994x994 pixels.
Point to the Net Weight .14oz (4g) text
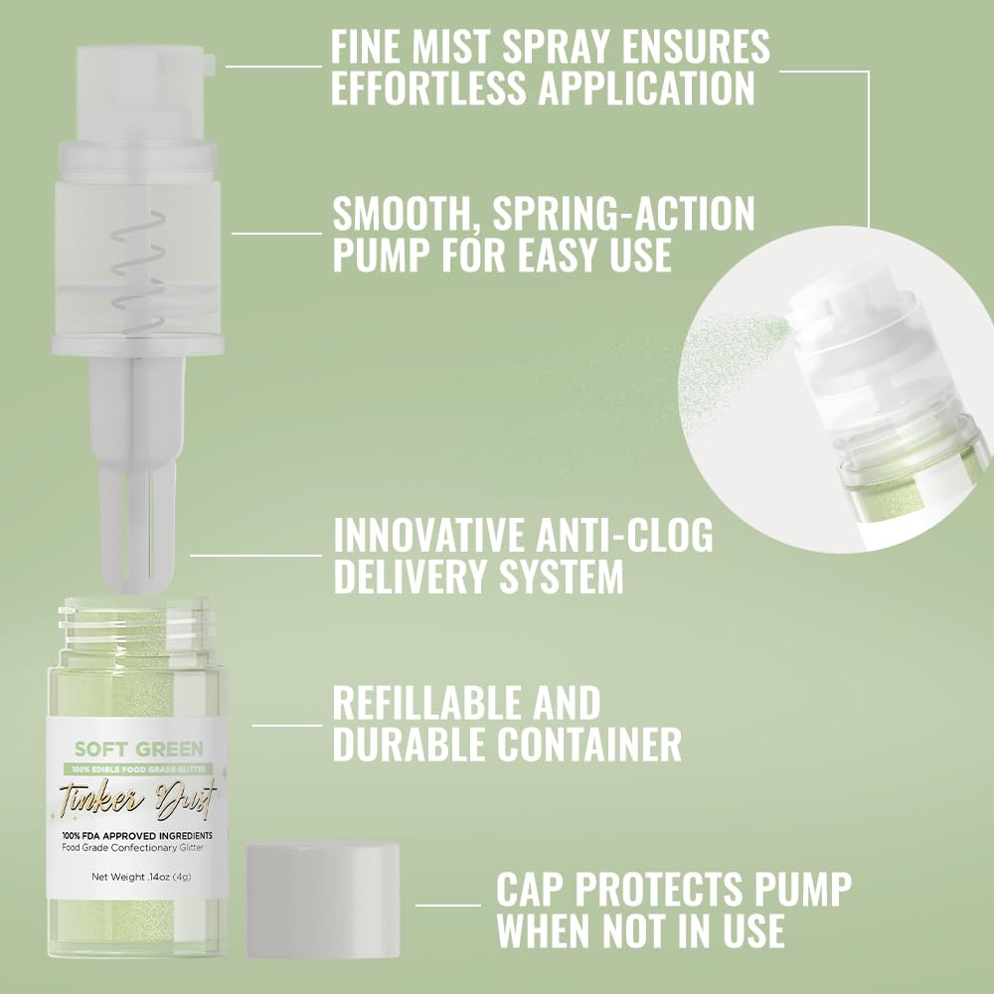coord(138,877)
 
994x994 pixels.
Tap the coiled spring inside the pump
coord(133,262)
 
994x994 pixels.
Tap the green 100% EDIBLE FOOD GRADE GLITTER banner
coord(138,767)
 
